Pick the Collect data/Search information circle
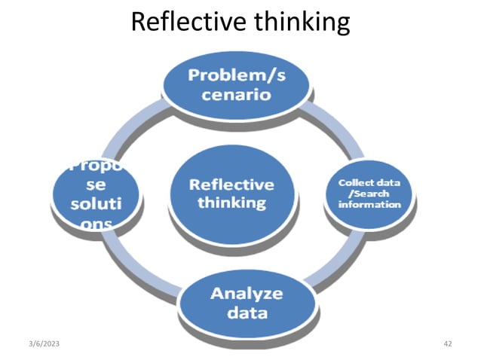(x=369, y=194)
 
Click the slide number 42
(x=448, y=343)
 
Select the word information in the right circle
(x=369, y=205)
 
